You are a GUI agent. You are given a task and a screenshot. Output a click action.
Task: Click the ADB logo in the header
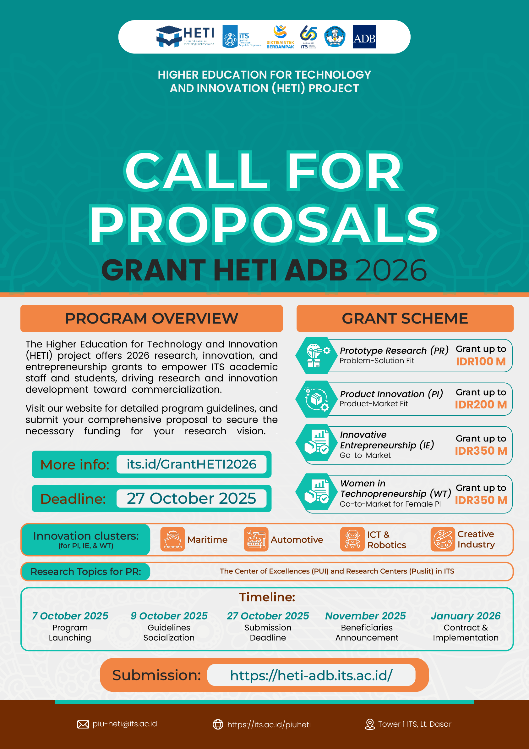(x=364, y=37)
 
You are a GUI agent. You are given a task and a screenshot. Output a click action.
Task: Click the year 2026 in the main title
(x=391, y=270)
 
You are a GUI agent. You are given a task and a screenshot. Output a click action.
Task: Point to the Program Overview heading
(x=151, y=319)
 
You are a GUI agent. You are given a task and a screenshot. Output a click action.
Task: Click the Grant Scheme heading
(x=405, y=319)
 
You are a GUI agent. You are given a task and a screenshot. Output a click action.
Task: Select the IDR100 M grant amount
(x=480, y=362)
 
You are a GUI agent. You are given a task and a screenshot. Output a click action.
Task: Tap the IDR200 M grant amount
(x=480, y=404)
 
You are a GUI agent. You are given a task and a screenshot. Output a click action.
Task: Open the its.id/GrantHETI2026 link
(x=191, y=464)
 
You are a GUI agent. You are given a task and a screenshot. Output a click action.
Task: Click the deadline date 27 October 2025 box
(x=191, y=498)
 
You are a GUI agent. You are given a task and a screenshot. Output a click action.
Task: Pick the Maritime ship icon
(x=172, y=539)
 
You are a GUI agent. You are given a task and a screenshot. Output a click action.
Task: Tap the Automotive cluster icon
(x=256, y=539)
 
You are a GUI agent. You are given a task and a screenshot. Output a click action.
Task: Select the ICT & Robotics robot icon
(x=352, y=539)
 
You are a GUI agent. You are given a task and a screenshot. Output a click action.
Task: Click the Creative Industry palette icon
(x=442, y=539)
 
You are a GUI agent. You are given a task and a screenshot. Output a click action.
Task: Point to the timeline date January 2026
(x=466, y=616)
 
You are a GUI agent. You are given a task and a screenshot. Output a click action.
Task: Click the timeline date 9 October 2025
(x=169, y=616)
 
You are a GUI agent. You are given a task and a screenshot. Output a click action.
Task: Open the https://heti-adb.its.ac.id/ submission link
(x=311, y=675)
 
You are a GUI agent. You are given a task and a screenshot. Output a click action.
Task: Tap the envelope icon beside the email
(x=83, y=724)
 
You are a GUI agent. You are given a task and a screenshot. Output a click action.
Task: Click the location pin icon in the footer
(x=370, y=724)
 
